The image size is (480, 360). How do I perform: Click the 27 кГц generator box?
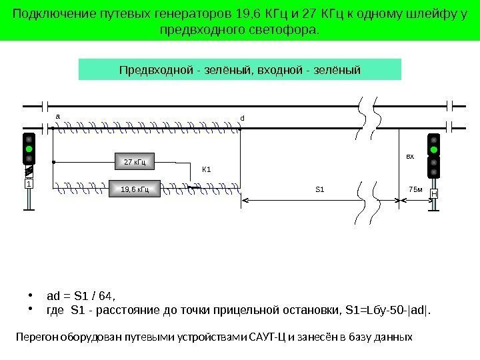coord(135,161)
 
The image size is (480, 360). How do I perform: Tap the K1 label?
coord(207,169)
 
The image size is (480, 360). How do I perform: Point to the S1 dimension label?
coord(319,189)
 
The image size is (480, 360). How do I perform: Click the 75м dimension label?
coord(415,189)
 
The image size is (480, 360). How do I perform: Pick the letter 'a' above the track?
coord(57,115)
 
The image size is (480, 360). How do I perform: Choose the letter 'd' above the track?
coord(243,118)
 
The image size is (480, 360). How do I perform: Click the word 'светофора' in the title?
coord(289,30)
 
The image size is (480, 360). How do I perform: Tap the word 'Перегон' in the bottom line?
coord(33,337)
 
